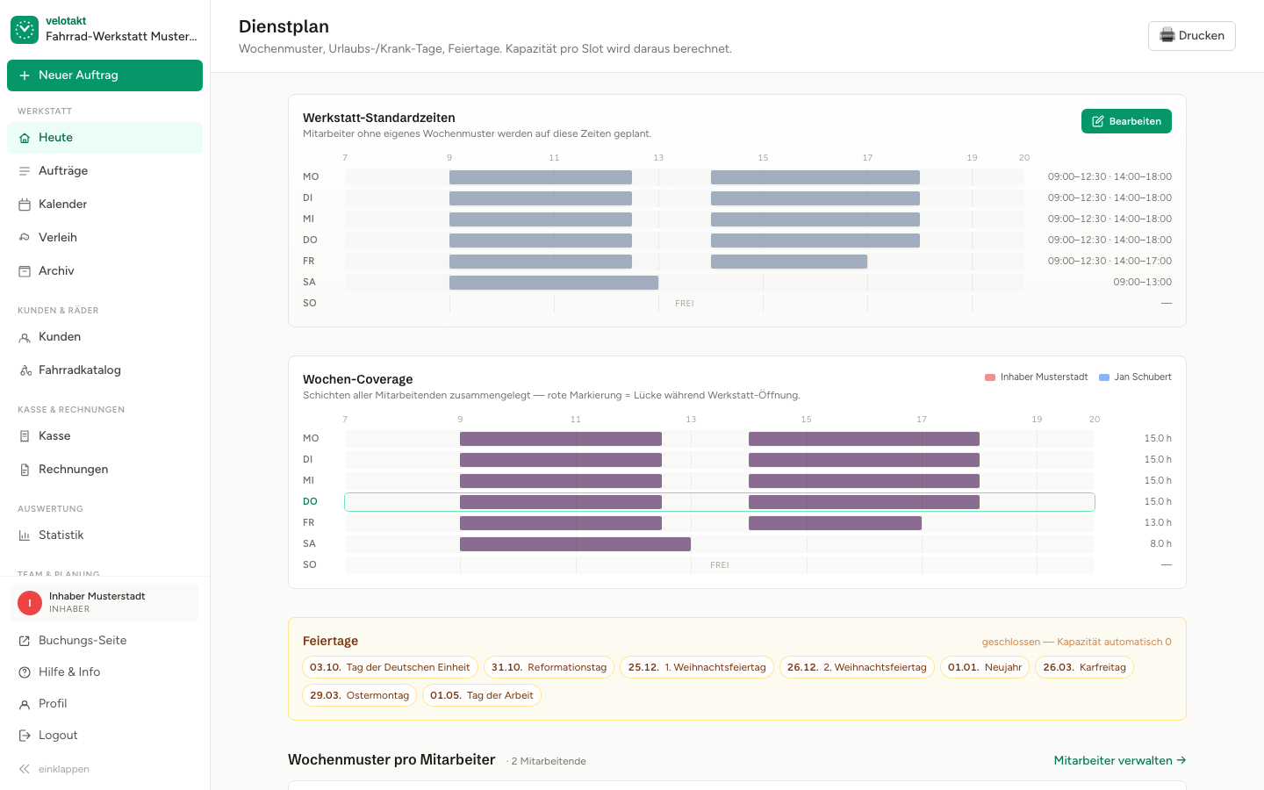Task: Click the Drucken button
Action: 1191,35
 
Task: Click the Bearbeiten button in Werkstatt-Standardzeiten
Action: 1125,121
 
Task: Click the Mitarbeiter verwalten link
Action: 1119,761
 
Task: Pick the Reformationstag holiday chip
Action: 549,667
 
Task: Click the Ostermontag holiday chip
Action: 360,695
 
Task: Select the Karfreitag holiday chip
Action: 1084,667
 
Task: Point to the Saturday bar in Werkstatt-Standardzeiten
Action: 554,282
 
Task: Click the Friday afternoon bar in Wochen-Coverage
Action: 835,523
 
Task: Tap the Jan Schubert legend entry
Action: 1135,377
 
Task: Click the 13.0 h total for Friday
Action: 1157,522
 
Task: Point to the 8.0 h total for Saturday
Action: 1160,543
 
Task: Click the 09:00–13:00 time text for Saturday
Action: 1142,282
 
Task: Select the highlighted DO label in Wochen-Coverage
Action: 310,501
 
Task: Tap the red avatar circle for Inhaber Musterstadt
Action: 30,603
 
